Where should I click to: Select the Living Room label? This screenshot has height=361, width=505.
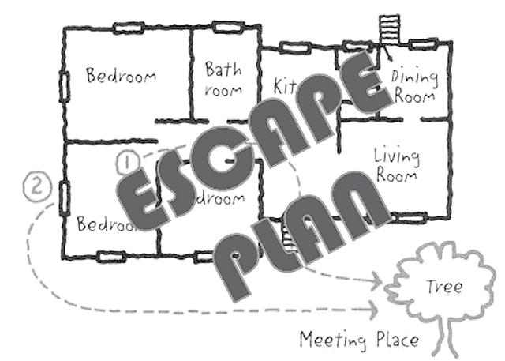(x=395, y=164)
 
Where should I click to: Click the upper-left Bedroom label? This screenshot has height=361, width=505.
(x=121, y=77)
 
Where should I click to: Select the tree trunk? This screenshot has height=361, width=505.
(x=450, y=336)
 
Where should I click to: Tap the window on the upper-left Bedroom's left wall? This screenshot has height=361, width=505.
(x=64, y=87)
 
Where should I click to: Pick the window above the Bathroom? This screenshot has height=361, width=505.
(x=225, y=28)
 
